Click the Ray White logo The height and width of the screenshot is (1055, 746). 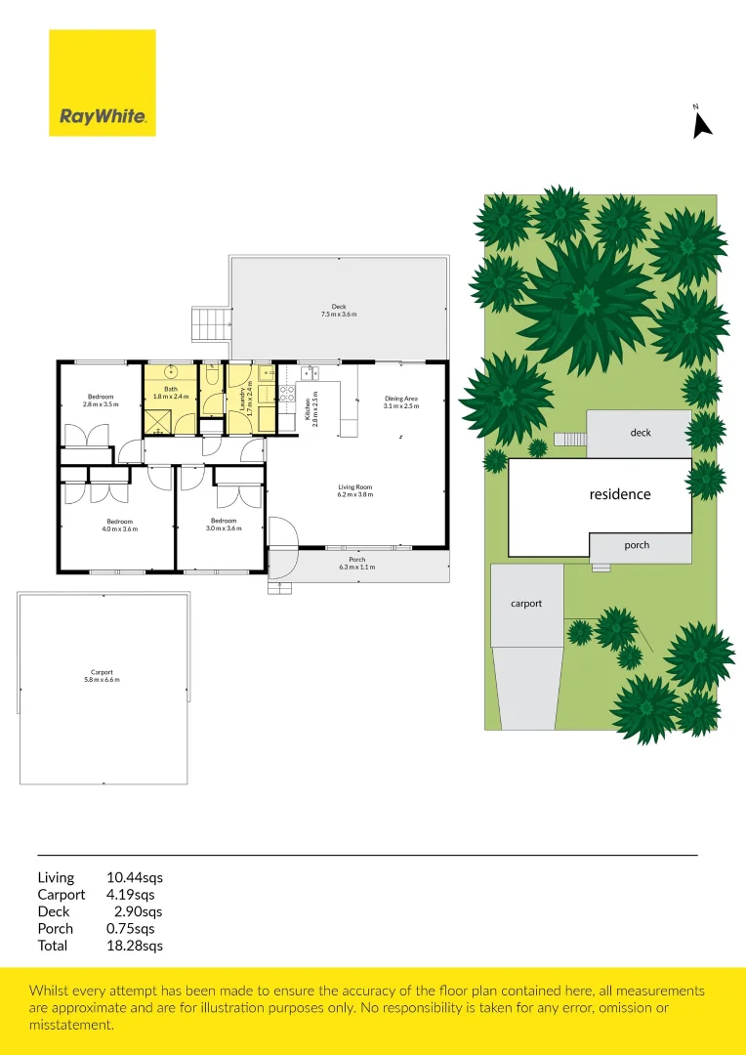point(103,83)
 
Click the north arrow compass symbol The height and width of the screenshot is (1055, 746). point(701,123)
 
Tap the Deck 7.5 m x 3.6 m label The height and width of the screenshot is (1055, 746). point(339,311)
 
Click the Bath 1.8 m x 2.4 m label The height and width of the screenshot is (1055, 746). point(171,393)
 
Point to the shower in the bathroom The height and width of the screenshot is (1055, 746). point(160,421)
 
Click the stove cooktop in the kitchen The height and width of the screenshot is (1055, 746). point(287,394)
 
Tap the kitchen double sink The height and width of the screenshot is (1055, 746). point(311,371)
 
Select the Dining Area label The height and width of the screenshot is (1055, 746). point(401,401)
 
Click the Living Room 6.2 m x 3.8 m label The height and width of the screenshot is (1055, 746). point(355,490)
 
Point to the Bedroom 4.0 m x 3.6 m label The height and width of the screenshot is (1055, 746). point(122,526)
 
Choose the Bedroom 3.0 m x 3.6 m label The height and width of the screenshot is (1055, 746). point(223,526)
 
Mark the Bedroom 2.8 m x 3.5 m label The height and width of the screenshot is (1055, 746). point(100,401)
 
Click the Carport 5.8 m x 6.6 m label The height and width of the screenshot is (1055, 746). point(102,675)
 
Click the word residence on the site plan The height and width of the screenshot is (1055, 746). point(619,494)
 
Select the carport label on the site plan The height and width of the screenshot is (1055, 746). point(525,604)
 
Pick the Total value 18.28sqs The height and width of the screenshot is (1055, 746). point(134,946)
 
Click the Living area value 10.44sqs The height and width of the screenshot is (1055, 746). point(134,878)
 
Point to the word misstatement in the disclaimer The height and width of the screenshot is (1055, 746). point(72,1025)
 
